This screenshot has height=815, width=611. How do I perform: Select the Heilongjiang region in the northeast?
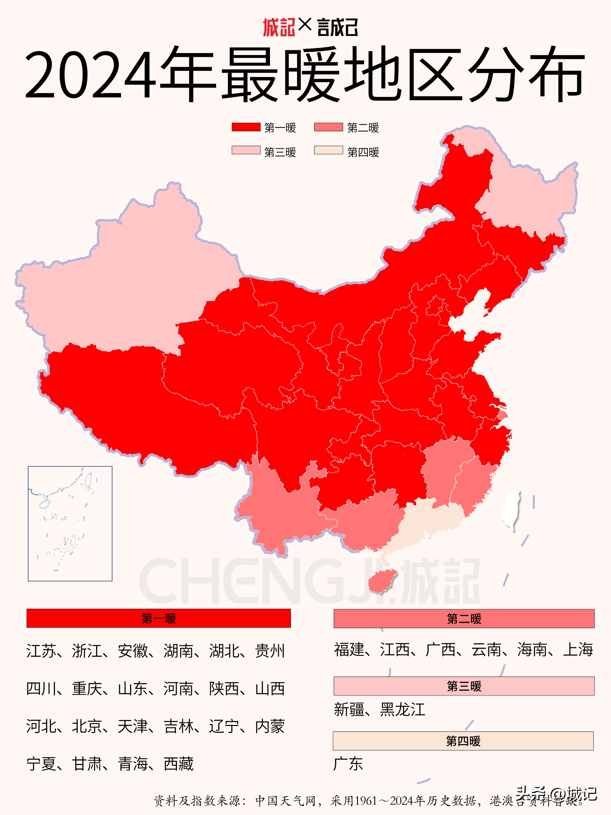tap(530, 199)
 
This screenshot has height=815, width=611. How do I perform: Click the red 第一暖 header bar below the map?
tap(159, 618)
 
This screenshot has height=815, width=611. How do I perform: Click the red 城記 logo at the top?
tap(279, 28)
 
